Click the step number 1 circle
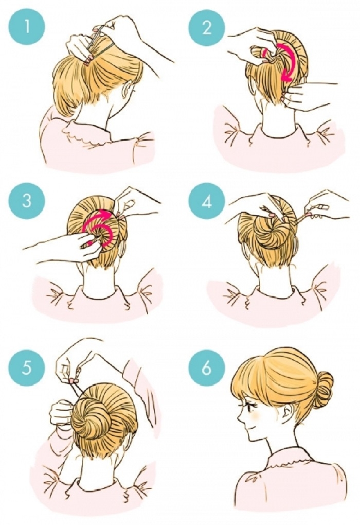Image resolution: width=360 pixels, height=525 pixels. [x=27, y=27]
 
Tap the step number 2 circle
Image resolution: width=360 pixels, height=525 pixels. [x=207, y=27]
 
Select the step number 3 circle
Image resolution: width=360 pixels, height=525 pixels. [x=27, y=201]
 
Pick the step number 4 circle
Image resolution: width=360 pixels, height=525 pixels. [x=207, y=201]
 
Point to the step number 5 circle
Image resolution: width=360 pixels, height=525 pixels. [x=27, y=368]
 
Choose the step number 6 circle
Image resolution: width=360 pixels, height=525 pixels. [x=207, y=368]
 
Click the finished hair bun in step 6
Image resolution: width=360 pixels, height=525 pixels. [x=323, y=387]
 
